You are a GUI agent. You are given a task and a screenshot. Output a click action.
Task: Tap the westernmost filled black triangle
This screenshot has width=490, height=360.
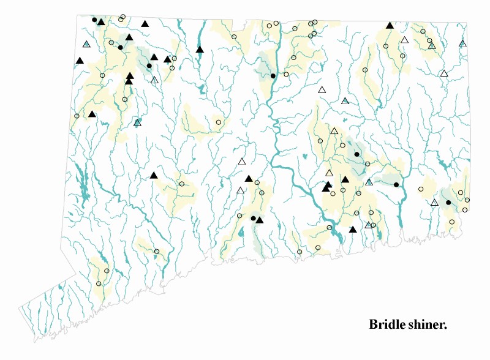coord(79,61)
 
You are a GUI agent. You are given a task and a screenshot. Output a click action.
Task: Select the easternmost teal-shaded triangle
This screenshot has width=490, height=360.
coord(462,43)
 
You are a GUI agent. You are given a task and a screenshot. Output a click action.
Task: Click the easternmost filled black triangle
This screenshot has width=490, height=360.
coord(390,26)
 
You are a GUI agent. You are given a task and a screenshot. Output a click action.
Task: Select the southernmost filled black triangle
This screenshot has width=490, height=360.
coord(352,230)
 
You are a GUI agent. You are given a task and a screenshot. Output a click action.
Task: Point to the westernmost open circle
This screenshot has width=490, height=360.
coord(77,116)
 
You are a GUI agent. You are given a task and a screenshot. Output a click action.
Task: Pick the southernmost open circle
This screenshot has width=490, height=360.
coord(99,283)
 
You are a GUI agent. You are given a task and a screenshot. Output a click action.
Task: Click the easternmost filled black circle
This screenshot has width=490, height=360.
coord(448,202)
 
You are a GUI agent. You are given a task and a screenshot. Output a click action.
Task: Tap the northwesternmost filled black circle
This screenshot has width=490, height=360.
coord(94,20)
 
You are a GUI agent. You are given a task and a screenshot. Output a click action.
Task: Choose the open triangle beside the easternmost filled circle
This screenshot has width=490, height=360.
coord(434,203)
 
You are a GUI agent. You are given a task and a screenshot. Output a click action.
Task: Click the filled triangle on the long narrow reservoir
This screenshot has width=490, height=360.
coord(200,50)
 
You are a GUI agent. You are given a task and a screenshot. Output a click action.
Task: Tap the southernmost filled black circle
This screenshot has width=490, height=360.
coord(253,218)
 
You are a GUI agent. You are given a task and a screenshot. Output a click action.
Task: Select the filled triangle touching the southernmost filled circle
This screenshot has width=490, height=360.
coord(260,220)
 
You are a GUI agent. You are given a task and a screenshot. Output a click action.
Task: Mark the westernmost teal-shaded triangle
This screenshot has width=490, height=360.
coord(86,44)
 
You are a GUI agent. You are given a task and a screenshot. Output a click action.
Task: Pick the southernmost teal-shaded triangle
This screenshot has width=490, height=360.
coord(368,225)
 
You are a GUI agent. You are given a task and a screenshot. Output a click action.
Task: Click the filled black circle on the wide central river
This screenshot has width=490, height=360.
coord(273,76)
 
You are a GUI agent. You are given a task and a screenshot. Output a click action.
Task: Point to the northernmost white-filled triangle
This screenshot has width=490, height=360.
coord(404,40)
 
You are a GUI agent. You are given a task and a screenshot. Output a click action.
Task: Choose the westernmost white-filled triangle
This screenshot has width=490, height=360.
coord(154,80)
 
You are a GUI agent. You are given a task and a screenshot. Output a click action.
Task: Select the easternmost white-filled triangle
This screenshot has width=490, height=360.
coord(444,74)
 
